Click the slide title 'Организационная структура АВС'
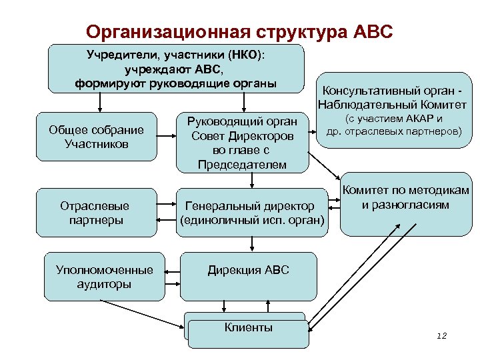(240, 31)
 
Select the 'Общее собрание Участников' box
(96, 137)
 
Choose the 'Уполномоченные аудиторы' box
(105, 276)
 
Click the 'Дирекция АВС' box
(249, 275)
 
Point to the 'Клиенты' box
(248, 327)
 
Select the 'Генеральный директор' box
(251, 213)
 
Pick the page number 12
(441, 336)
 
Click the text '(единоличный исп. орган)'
(251, 219)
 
